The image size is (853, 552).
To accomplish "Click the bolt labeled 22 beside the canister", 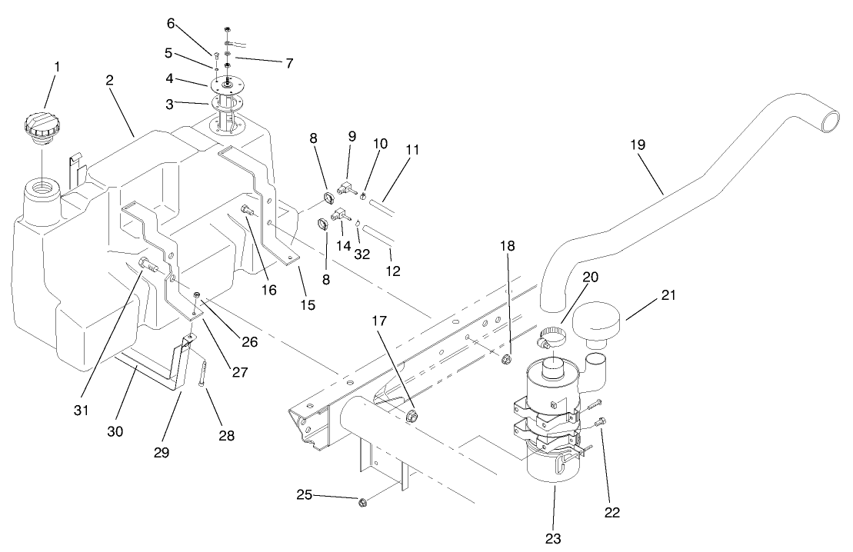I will (x=601, y=421).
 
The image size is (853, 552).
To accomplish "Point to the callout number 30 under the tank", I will (x=115, y=431).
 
